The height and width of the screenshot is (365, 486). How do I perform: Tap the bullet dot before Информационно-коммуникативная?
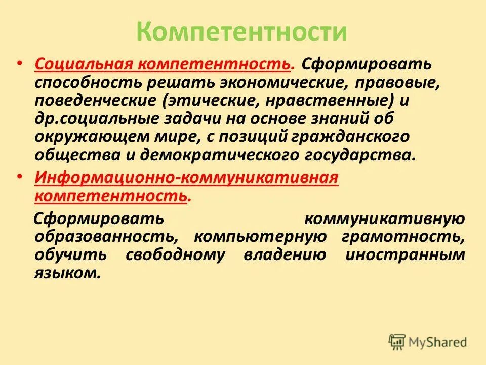pyautogui.click(x=19, y=178)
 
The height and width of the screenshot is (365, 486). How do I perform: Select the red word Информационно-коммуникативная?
pyautogui.click(x=186, y=178)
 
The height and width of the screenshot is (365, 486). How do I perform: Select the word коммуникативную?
pyautogui.click(x=385, y=218)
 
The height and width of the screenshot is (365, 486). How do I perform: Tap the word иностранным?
pyautogui.click(x=405, y=255)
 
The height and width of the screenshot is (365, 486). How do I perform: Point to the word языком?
pyautogui.click(x=65, y=273)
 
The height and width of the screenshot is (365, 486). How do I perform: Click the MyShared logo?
pyautogui.click(x=428, y=341)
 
